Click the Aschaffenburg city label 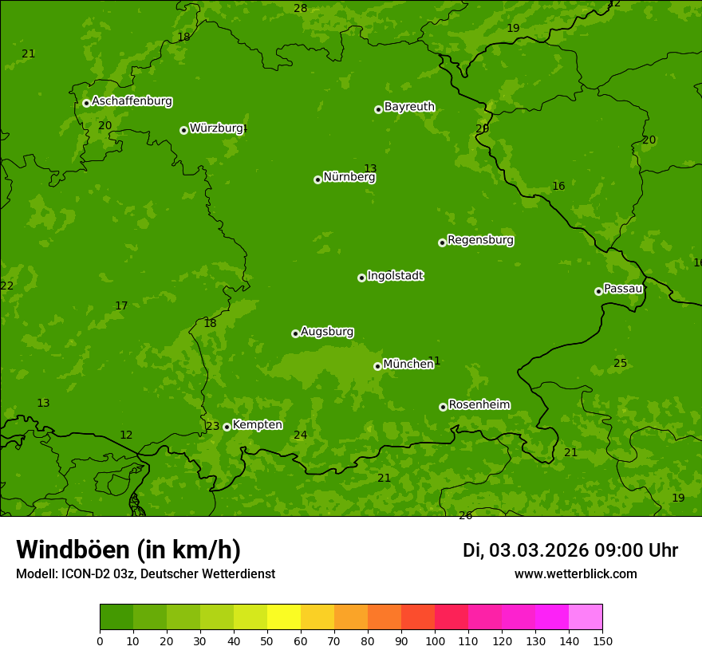[132, 101]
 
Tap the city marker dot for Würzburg [183, 130]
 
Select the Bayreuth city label [409, 107]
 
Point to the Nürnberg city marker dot [317, 179]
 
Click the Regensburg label [480, 240]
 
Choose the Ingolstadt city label [395, 276]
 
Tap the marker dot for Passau [598, 291]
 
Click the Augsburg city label [327, 332]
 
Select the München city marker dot [377, 366]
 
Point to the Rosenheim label [479, 405]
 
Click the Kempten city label [257, 425]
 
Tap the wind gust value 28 [300, 9]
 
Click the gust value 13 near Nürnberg [370, 168]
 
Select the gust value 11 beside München [434, 361]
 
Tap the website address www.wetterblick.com [575, 574]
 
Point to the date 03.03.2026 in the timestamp [538, 550]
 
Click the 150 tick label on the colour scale [602, 640]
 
